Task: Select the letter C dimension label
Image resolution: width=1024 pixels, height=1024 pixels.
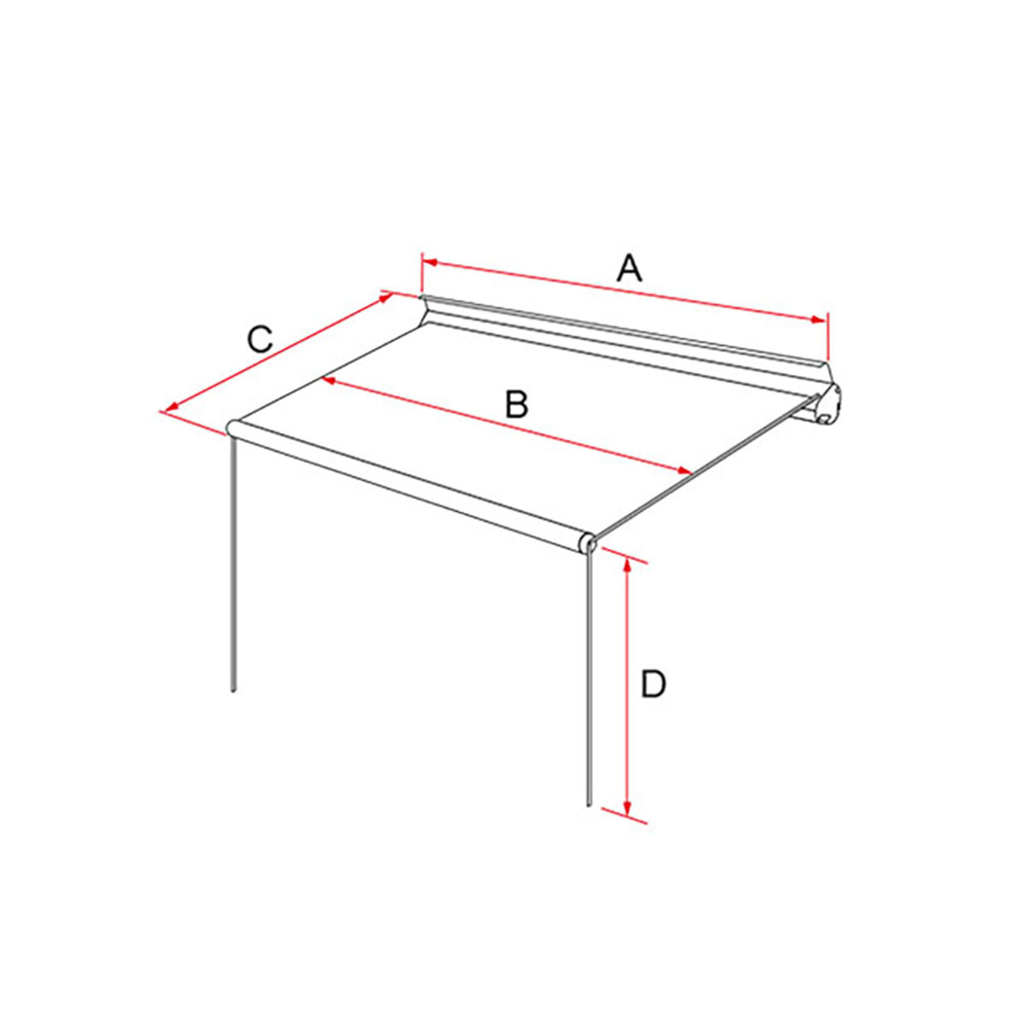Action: click(x=260, y=340)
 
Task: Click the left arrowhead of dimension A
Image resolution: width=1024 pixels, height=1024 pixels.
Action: click(x=428, y=262)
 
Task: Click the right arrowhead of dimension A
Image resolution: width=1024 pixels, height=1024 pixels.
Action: click(x=819, y=319)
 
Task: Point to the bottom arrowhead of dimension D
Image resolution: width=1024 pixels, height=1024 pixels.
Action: click(x=628, y=823)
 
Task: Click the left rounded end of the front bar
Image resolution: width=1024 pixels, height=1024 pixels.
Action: click(x=232, y=427)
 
